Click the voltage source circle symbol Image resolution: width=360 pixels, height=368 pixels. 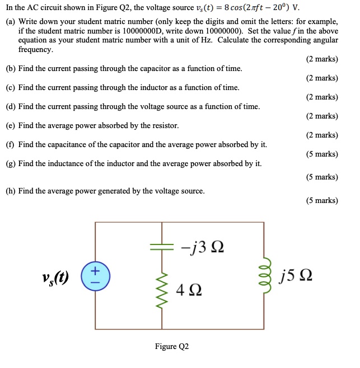[95, 277]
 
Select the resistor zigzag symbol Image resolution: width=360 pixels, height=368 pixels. [163, 290]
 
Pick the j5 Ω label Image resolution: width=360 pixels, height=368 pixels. [297, 276]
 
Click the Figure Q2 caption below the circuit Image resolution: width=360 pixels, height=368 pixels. [172, 347]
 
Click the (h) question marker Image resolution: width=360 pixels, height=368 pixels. [11, 191]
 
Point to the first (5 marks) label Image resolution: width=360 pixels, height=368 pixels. [322, 154]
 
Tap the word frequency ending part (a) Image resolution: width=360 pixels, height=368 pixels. [35, 50]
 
